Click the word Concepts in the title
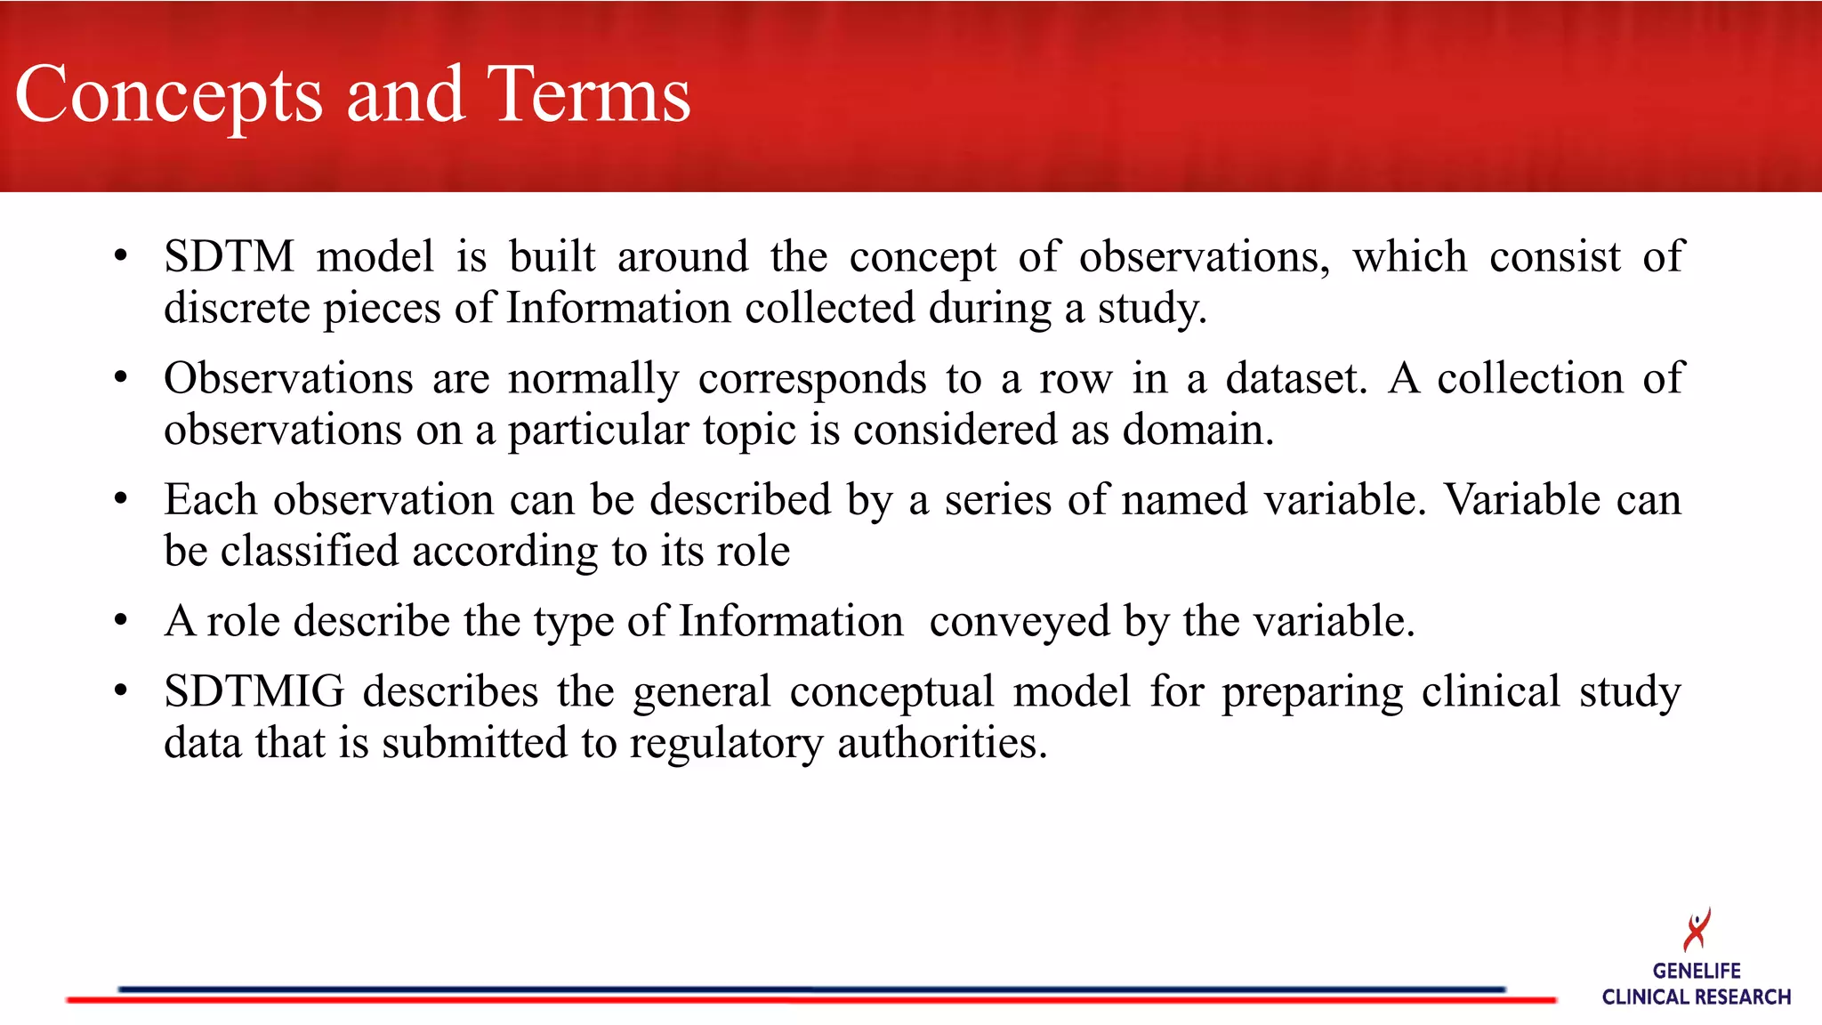(x=169, y=96)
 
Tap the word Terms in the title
(x=588, y=94)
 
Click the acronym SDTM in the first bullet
(x=229, y=257)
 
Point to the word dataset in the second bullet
(x=1294, y=379)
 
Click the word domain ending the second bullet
(x=1197, y=431)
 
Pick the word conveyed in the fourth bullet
(x=1020, y=622)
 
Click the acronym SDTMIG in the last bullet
(x=254, y=691)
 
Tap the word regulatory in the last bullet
(x=726, y=744)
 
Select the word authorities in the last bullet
(x=941, y=743)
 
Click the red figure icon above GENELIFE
(x=1697, y=930)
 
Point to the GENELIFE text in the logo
(x=1697, y=971)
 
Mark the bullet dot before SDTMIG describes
(x=121, y=690)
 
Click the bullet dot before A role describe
(x=121, y=619)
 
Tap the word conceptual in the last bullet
(x=891, y=692)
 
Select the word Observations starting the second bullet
(x=288, y=379)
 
